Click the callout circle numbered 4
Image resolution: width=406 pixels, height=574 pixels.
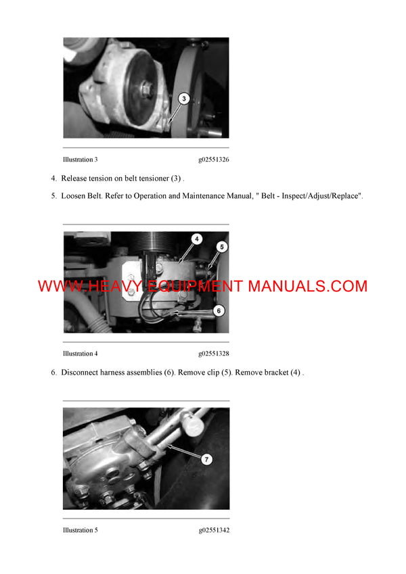[x=196, y=239]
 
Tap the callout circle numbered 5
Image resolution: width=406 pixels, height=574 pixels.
[x=221, y=248]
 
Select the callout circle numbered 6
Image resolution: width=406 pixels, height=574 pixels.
[x=218, y=310]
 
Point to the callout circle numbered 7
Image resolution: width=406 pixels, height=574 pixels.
[x=207, y=459]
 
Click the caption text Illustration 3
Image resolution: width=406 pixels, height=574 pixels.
[x=80, y=160]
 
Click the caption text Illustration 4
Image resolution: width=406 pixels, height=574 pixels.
[x=80, y=354]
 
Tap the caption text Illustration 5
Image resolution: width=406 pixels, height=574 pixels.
[x=80, y=530]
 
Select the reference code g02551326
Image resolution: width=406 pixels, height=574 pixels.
[x=213, y=160]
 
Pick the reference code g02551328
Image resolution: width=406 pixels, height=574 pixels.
[x=213, y=354]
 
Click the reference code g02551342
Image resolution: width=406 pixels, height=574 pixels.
[x=213, y=530]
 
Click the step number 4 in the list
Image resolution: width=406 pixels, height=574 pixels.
[x=53, y=178]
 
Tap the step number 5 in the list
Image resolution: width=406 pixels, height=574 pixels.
[x=53, y=196]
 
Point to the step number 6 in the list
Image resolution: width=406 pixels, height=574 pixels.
[x=53, y=373]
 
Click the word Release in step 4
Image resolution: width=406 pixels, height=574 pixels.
[x=75, y=178]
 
